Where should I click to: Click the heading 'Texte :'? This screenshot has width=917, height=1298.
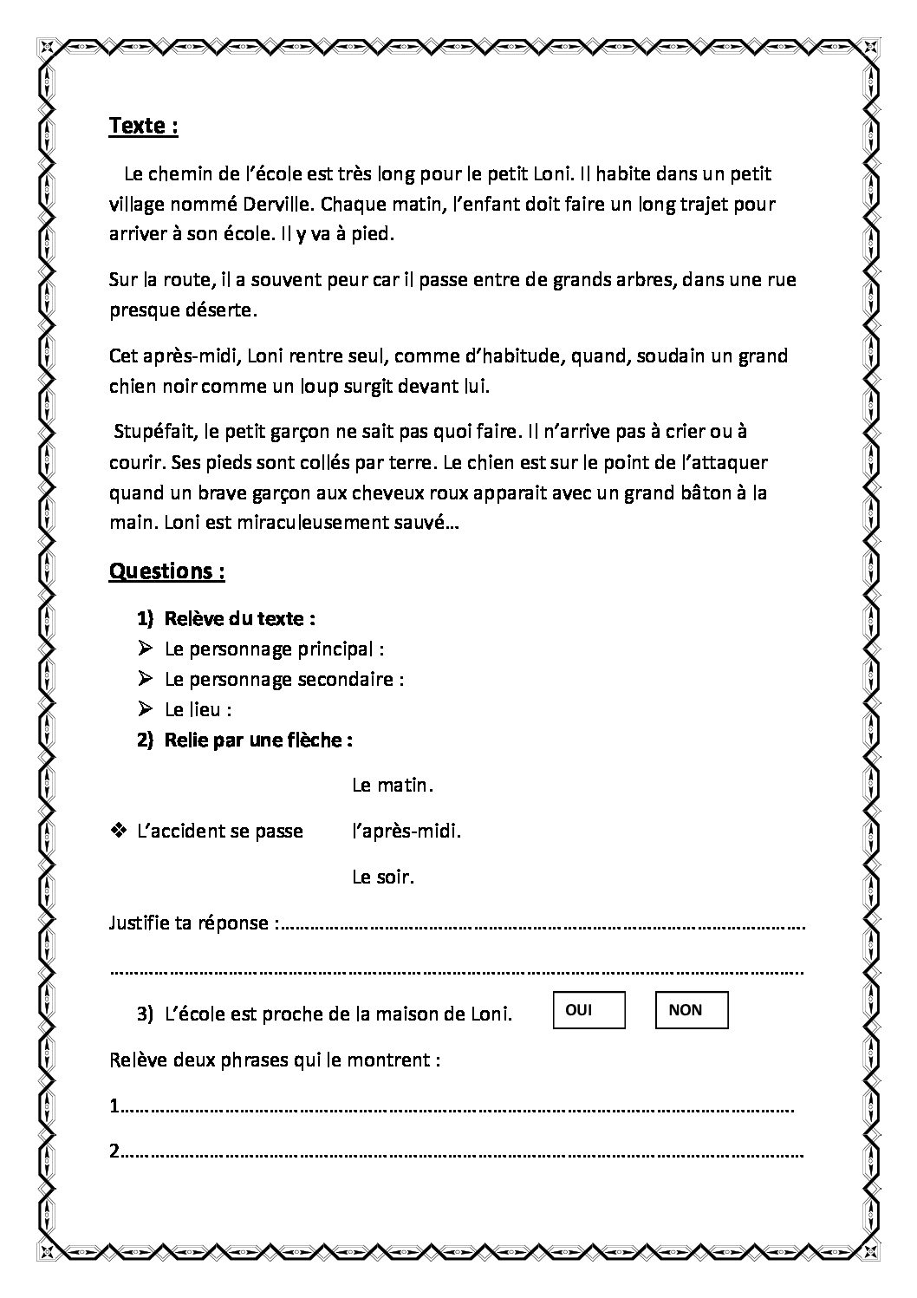pyautogui.click(x=143, y=126)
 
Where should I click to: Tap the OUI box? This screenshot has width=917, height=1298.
pyautogui.click(x=588, y=1011)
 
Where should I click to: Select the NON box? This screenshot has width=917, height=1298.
pyautogui.click(x=691, y=1011)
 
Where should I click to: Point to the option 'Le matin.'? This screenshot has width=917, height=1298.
pyautogui.click(x=392, y=786)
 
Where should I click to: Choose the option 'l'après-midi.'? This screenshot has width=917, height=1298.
pyautogui.click(x=406, y=831)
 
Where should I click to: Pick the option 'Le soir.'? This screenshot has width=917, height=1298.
pyautogui.click(x=383, y=877)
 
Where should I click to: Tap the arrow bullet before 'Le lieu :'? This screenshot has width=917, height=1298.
pyautogui.click(x=145, y=708)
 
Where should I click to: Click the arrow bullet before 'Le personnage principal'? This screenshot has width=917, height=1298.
pyautogui.click(x=145, y=648)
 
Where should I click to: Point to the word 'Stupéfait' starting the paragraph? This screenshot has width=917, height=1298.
pyautogui.click(x=146, y=432)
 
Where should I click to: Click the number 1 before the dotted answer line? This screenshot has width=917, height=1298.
pyautogui.click(x=114, y=1106)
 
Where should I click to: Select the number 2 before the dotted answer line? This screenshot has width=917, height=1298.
pyautogui.click(x=114, y=1151)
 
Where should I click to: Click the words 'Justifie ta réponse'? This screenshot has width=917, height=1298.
pyautogui.click(x=189, y=923)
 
